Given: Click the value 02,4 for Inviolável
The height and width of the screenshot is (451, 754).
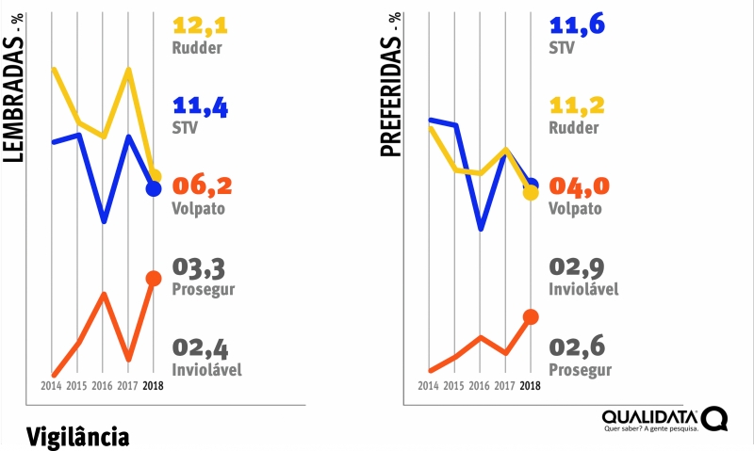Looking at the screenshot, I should [x=200, y=346].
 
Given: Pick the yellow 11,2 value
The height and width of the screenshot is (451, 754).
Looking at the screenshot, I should [x=577, y=105].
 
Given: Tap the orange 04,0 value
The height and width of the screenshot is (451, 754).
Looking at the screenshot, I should [x=578, y=185].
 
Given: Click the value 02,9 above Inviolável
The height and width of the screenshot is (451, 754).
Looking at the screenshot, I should [x=577, y=266].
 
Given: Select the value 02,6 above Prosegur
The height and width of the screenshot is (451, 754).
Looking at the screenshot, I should [x=577, y=346].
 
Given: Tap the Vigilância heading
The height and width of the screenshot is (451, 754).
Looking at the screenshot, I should [x=77, y=436].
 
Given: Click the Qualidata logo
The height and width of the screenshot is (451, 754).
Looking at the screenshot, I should [x=664, y=419].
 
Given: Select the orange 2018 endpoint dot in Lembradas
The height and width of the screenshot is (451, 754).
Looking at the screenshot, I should [x=154, y=278].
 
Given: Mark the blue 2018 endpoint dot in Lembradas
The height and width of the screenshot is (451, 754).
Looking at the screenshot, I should [x=154, y=189].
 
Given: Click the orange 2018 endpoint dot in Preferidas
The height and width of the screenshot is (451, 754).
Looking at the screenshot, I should [x=531, y=316].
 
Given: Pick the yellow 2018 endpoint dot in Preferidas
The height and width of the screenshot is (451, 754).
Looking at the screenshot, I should [x=531, y=192].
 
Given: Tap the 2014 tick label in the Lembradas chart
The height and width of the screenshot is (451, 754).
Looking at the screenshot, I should [x=53, y=386].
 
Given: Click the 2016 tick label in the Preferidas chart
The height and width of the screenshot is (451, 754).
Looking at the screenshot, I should [x=480, y=386].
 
